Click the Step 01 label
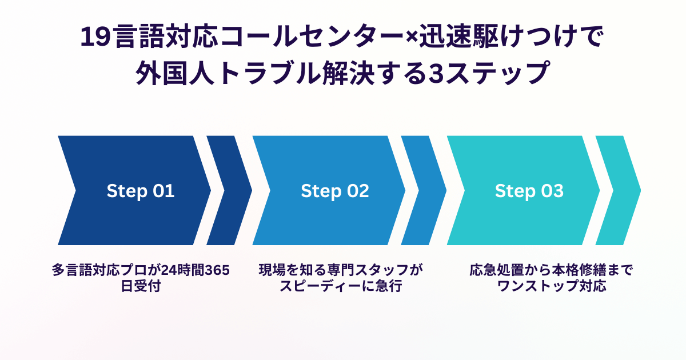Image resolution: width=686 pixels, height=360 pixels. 140,191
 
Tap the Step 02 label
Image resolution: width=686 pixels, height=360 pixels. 335,191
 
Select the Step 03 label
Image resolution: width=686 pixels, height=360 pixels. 529,191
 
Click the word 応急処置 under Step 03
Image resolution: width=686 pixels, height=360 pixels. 493,270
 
